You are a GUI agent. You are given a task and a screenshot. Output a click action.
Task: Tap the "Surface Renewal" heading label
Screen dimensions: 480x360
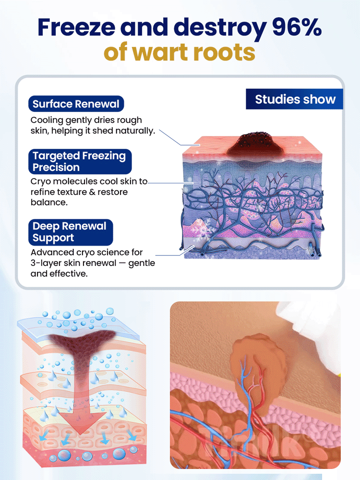(x=76, y=104)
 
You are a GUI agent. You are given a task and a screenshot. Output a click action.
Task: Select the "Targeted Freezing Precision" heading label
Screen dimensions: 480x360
(x=79, y=161)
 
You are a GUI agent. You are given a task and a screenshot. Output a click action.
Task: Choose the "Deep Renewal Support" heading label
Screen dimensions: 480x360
(x=70, y=232)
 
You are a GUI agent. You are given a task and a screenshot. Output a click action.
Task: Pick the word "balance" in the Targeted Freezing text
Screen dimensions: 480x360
(x=48, y=203)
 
